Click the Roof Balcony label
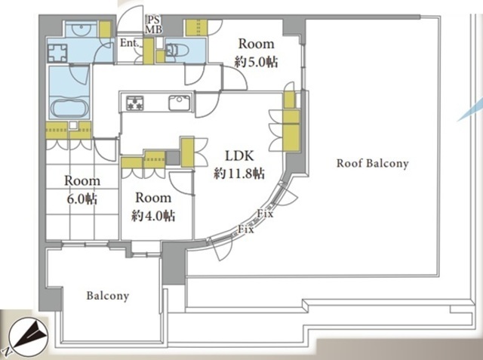tap(372, 163)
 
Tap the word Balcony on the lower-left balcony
tap(107, 296)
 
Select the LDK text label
tap(239, 155)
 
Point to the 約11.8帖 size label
tap(239, 174)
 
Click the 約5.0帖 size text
tap(257, 62)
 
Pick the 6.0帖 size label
tap(82, 199)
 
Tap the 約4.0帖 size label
tap(153, 216)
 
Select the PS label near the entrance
tap(153, 20)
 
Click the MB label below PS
tap(153, 29)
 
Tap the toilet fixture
tap(176, 51)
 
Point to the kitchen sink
tap(180, 103)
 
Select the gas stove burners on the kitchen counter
tap(135, 103)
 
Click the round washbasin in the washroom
tap(81, 29)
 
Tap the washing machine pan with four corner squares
tap(57, 53)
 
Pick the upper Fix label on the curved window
tap(265, 214)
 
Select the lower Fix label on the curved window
tap(246, 229)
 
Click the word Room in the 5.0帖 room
tap(257, 44)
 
